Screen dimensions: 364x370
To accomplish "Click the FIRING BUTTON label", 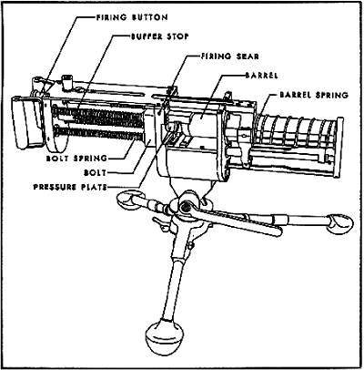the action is (x=132, y=17).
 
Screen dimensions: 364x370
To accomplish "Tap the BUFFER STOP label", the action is (x=160, y=36).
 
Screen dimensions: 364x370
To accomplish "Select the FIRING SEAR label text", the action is (x=229, y=57).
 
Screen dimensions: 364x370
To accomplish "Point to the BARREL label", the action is (x=261, y=76).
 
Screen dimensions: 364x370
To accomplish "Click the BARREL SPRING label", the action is (x=314, y=95).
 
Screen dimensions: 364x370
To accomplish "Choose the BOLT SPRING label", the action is (x=76, y=159).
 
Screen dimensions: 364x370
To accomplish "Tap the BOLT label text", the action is (x=96, y=173).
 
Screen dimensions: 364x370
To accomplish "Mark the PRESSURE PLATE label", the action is (x=70, y=187).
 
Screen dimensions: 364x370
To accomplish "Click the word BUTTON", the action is (x=150, y=17).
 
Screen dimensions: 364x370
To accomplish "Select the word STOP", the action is (x=177, y=36).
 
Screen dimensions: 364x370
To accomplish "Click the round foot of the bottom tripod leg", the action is (x=165, y=336).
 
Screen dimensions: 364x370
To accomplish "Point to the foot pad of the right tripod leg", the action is (x=340, y=224).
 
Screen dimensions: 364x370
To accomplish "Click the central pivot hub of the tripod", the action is (x=185, y=208).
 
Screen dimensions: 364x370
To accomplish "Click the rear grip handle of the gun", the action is (x=25, y=121).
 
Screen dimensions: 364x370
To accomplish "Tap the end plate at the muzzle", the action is (x=339, y=148).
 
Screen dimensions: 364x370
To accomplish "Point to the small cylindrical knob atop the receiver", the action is (x=66, y=81).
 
